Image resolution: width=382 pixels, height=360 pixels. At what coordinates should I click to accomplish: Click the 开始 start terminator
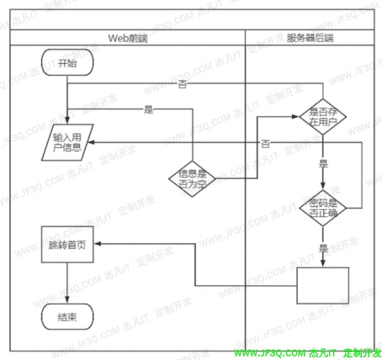coord(67,63)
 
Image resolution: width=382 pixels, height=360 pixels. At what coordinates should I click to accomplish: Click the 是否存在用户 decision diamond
coord(323,116)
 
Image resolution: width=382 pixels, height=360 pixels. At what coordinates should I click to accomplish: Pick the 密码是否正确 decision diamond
coord(323,208)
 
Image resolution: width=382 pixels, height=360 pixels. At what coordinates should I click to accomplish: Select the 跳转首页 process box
coord(67,245)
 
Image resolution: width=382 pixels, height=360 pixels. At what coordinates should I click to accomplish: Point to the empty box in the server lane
coord(323,285)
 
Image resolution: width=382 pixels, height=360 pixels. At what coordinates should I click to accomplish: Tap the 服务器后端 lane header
coord(310,38)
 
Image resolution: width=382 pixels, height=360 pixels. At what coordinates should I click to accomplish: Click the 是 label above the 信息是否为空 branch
coord(148,110)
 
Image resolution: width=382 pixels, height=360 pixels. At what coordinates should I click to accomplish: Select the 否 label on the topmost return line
coord(182,85)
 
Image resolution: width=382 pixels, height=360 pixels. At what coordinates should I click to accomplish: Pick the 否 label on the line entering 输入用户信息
coord(265,144)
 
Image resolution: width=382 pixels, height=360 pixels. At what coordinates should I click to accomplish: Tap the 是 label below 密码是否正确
coord(323,248)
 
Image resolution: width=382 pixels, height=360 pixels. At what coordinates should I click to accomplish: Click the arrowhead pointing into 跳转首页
coord(97,244)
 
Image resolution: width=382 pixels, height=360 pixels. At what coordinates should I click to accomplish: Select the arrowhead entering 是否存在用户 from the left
coord(297,116)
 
